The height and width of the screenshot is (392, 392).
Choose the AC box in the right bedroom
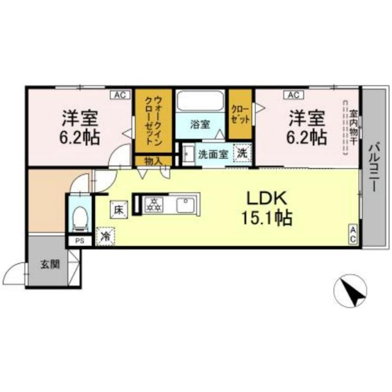(292, 95)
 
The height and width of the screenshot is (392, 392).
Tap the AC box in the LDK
(353, 235)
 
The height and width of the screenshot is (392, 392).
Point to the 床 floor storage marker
(118, 209)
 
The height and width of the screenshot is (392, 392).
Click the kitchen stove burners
(154, 205)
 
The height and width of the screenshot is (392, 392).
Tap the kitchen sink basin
(186, 205)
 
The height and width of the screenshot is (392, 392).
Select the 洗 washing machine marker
(243, 154)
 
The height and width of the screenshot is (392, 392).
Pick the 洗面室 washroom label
(213, 154)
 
